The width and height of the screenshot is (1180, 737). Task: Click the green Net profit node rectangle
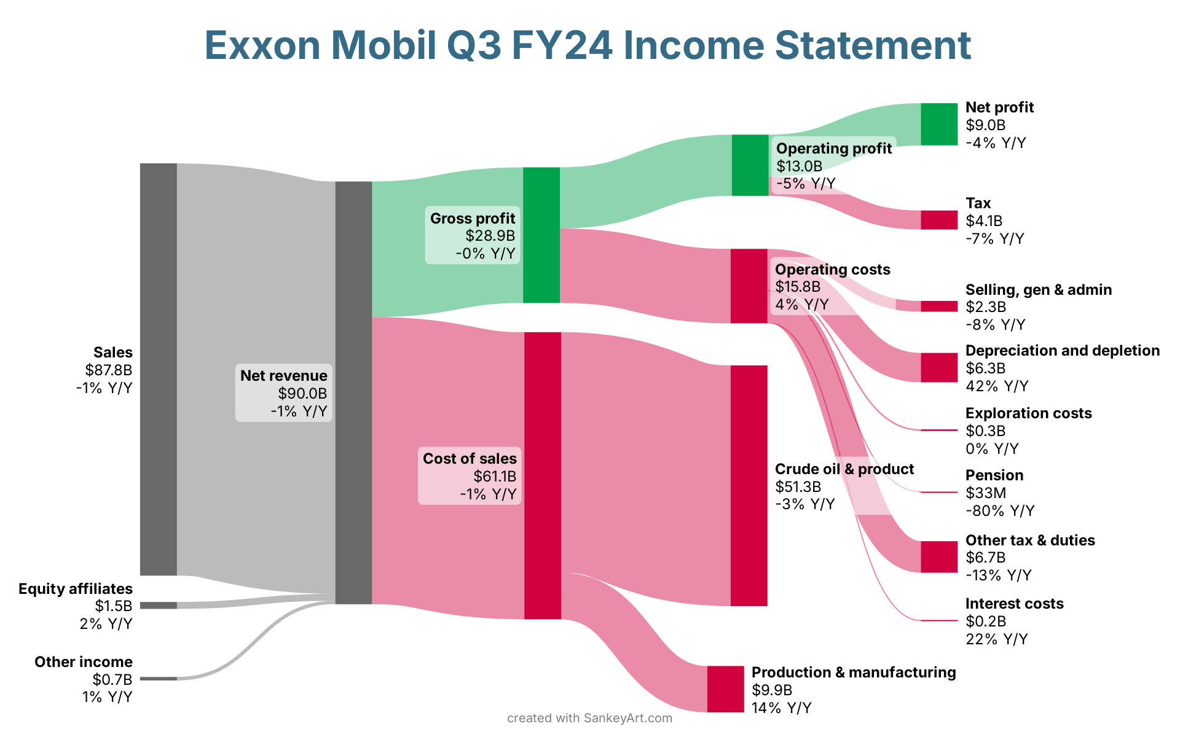coord(939,125)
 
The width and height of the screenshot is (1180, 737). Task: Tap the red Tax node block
coord(939,220)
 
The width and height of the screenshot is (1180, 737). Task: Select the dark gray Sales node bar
coord(159,369)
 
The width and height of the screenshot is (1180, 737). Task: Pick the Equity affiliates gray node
coord(159,605)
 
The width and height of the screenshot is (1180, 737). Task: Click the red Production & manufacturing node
coord(725,689)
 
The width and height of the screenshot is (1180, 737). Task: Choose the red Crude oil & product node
coord(749,486)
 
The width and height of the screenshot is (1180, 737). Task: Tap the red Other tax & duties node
coord(939,557)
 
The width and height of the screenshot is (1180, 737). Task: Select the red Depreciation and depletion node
coord(939,367)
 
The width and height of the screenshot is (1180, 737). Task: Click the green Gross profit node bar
coord(541,235)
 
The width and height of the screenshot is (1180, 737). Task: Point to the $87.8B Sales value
coord(109,370)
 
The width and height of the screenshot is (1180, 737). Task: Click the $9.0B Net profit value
coord(986,125)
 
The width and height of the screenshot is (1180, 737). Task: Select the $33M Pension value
coord(986,493)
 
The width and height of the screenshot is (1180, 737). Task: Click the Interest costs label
coord(1015,603)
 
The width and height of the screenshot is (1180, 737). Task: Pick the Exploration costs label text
coord(1029,413)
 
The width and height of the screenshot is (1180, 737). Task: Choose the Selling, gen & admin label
coord(1039,290)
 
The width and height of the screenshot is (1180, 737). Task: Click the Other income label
coord(84,661)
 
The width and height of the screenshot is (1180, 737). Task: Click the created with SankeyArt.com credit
coord(590,718)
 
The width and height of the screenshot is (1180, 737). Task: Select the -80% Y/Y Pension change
coord(1000,510)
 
